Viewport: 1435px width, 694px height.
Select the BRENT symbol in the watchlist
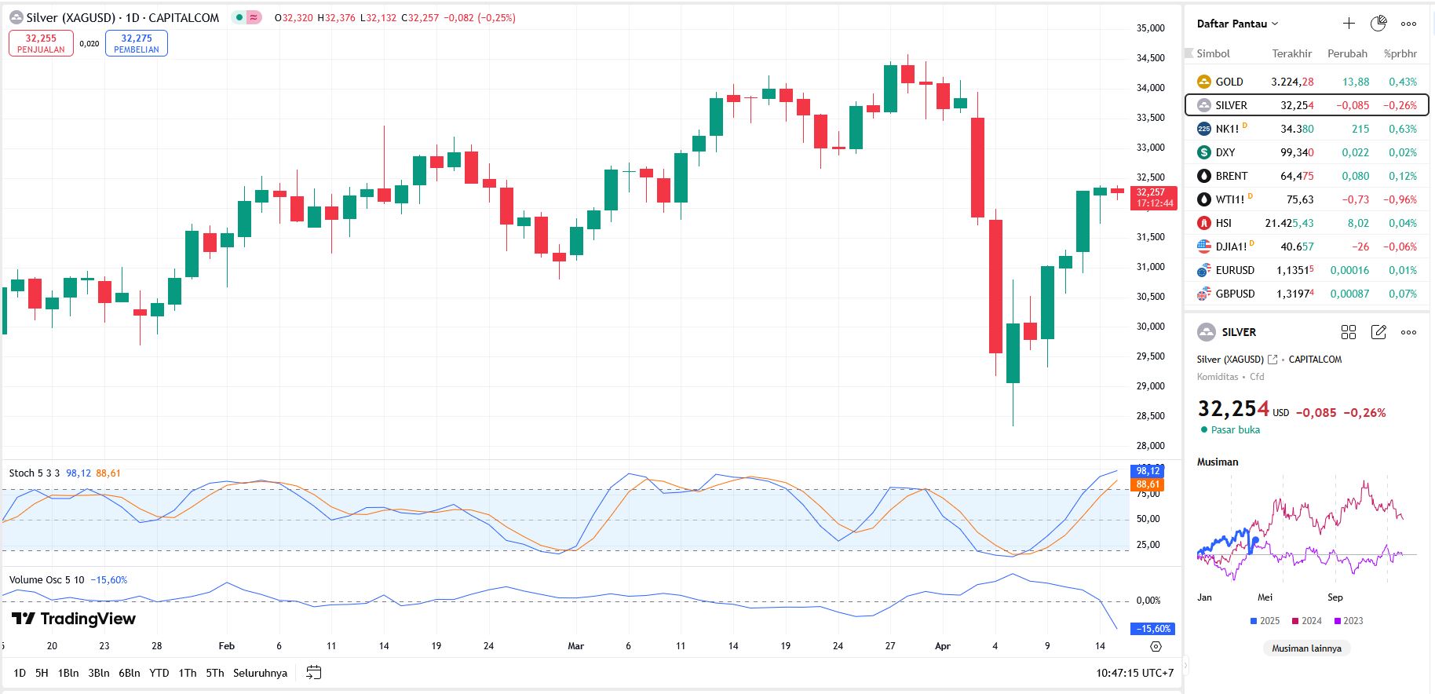1231,176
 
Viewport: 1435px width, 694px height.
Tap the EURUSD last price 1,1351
1294,270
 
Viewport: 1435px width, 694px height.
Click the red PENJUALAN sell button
41,43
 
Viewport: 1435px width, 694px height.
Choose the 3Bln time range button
99,673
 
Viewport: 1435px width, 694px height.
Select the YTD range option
159,673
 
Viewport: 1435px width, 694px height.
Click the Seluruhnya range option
260,673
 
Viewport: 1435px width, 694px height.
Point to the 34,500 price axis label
1150,58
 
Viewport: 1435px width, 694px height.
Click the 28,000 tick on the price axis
1150,446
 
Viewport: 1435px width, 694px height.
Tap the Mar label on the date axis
575,646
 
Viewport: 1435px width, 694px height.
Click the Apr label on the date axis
943,646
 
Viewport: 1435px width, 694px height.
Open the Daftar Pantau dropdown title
1237,24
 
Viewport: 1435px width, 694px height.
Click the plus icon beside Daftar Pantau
1349,24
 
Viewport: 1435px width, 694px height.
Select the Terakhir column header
1291,53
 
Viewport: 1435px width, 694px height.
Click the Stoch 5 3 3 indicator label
34,473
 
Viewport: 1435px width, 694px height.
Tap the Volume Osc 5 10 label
46,580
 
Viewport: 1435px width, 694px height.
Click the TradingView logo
74,619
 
